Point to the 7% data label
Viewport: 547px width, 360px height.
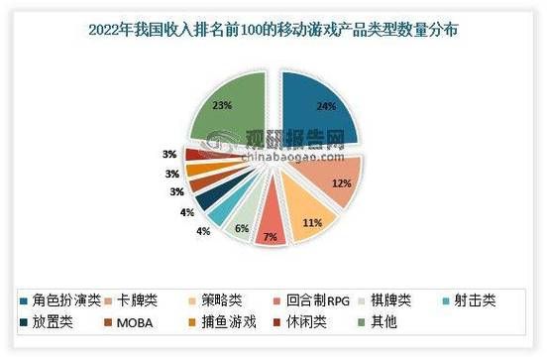270,236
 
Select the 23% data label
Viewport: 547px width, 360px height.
223,104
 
